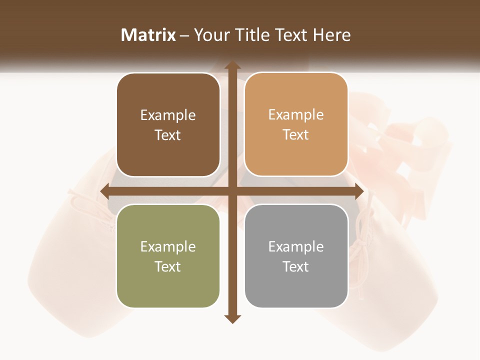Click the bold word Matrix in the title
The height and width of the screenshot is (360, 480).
coord(148,35)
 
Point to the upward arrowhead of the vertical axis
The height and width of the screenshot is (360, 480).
coord(231,65)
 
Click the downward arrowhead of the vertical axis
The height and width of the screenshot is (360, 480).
coord(231,318)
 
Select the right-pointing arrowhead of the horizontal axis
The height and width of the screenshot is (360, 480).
coord(358,191)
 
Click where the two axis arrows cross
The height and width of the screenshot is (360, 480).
coord(231,191)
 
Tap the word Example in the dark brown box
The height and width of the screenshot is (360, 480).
coord(168,115)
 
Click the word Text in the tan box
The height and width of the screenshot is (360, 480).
coord(296,135)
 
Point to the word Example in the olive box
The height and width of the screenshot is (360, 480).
coord(168,247)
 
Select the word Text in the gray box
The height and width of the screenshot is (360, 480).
coord(296,266)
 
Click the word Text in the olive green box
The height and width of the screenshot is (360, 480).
coord(168,266)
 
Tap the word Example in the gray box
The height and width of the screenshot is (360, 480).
coord(296,247)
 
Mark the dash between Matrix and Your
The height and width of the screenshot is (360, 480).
coord(184,35)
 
